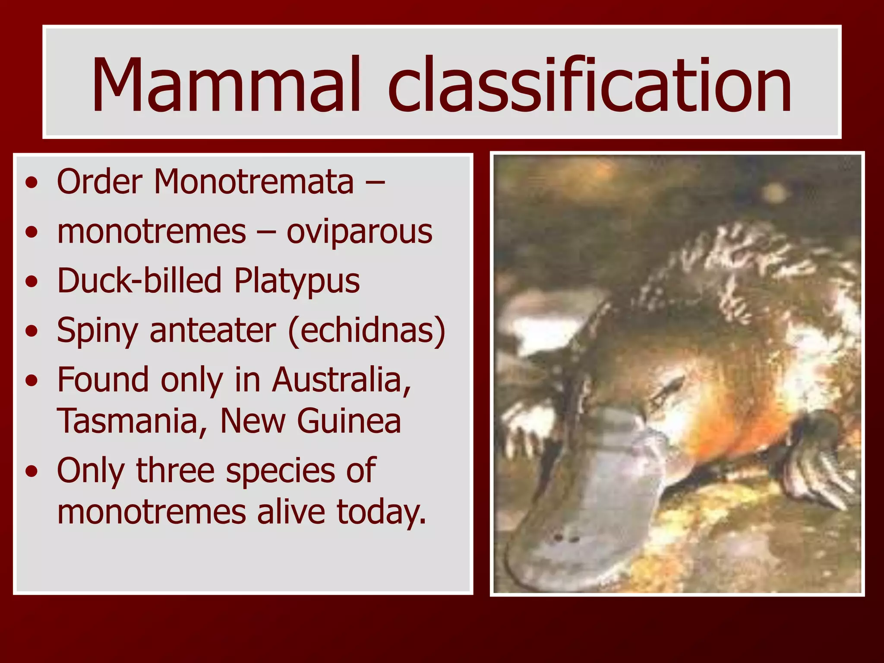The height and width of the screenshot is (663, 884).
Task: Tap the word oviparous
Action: (359, 232)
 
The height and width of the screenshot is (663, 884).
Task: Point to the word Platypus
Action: (297, 281)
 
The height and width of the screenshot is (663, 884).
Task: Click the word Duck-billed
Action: (139, 281)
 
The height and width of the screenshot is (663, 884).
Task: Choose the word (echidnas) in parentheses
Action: (366, 331)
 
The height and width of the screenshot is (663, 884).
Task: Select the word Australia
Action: (341, 380)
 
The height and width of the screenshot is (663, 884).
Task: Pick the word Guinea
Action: (349, 421)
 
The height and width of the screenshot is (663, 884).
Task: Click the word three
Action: (175, 470)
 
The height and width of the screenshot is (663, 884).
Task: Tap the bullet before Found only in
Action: (31, 381)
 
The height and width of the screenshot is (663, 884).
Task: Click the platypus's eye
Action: (672, 385)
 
